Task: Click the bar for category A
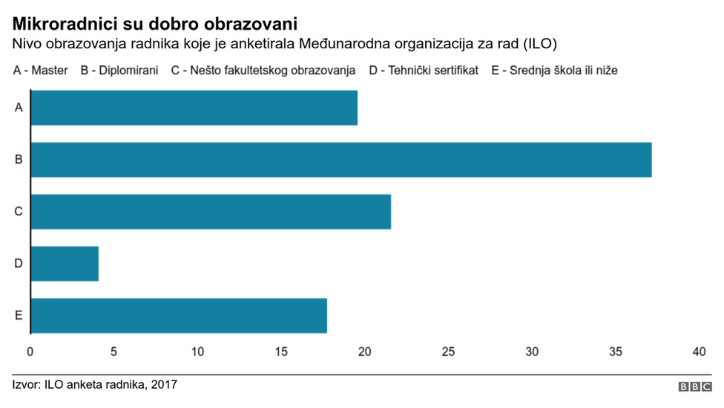194,108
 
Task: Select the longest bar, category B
340,159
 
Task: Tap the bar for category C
210,211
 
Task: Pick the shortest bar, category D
65,263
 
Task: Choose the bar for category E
178,315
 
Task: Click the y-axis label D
18,263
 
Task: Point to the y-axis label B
18,159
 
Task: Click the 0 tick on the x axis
30,351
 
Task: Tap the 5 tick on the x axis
113,351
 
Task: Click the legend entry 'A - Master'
40,71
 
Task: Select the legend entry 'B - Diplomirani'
119,71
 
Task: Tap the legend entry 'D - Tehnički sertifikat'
424,71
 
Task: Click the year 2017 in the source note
164,384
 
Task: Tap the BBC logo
695,387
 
